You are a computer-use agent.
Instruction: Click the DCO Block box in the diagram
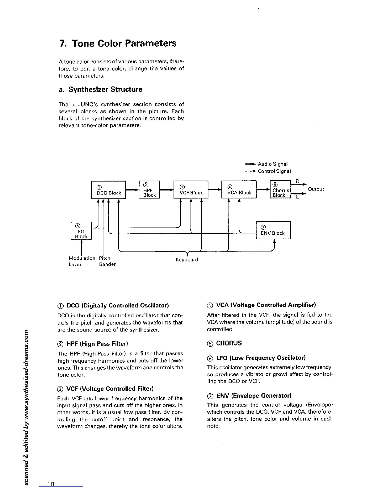click(x=108, y=190)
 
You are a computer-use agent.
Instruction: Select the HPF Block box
click(x=149, y=189)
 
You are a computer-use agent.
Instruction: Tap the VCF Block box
click(x=191, y=189)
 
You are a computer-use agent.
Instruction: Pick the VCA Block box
click(x=239, y=189)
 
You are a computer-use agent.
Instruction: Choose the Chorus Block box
click(x=280, y=189)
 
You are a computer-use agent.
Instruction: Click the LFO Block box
click(x=81, y=231)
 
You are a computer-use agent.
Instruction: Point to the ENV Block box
click(x=273, y=230)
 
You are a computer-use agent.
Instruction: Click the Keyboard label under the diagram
click(x=187, y=260)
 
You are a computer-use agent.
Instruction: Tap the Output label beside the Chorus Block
click(x=316, y=189)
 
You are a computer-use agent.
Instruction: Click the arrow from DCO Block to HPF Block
click(x=132, y=190)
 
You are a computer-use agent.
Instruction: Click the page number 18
click(x=51, y=484)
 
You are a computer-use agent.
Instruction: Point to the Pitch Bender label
click(x=107, y=261)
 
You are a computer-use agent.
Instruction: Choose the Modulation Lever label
click(x=82, y=261)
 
